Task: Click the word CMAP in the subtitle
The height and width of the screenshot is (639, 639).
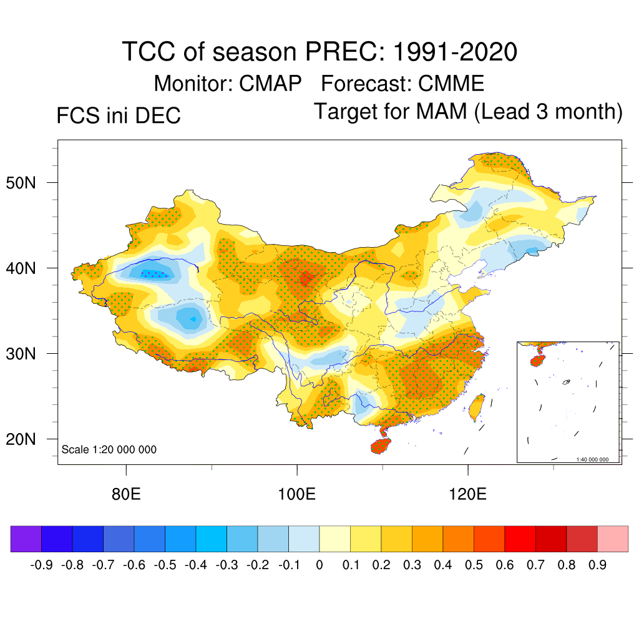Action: (x=271, y=83)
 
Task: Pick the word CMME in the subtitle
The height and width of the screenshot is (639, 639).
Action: (x=451, y=83)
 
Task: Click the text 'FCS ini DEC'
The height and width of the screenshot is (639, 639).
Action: (x=119, y=116)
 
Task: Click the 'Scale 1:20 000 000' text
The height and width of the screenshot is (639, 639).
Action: (x=109, y=450)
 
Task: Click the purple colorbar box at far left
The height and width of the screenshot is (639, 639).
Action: (x=26, y=539)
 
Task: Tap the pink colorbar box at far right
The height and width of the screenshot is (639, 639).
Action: (x=613, y=539)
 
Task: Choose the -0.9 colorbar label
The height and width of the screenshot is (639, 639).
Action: (x=41, y=565)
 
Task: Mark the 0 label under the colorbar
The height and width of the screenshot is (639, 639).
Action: (x=319, y=565)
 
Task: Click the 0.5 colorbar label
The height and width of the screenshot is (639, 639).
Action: (x=474, y=565)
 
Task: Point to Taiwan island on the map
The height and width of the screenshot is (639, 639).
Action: (x=476, y=407)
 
